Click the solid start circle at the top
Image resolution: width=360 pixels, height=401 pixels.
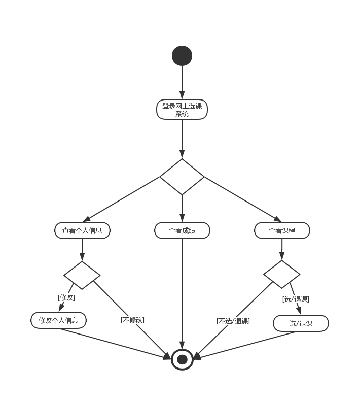pyautogui.click(x=182, y=56)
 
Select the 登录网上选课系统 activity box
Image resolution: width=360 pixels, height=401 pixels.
pyautogui.click(x=182, y=110)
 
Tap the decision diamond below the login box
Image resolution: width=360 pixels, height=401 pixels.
pyautogui.click(x=182, y=177)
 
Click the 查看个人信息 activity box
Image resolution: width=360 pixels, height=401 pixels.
pyautogui.click(x=82, y=230)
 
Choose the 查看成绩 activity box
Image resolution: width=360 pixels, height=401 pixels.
pyautogui.click(x=182, y=230)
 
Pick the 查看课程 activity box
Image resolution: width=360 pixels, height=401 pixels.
pyautogui.click(x=282, y=230)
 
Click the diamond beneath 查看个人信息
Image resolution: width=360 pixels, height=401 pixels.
pyautogui.click(x=82, y=275)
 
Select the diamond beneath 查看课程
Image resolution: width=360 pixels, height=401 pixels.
pyautogui.click(x=282, y=275)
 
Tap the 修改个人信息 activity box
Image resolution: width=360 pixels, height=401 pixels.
pyautogui.click(x=58, y=320)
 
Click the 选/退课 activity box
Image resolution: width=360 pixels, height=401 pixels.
pyautogui.click(x=301, y=323)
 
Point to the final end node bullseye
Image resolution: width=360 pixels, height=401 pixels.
pyautogui.click(x=183, y=360)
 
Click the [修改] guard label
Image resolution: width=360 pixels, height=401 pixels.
pyautogui.click(x=66, y=297)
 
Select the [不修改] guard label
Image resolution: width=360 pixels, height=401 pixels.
pyautogui.click(x=132, y=320)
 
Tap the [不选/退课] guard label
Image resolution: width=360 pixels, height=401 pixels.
pyautogui.click(x=233, y=321)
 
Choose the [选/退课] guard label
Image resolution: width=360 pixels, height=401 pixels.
pyautogui.click(x=296, y=299)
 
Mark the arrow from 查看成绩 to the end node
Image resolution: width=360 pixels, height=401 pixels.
pyautogui.click(x=182, y=294)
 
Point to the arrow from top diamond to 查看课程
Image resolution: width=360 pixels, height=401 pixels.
pyautogui.click(x=242, y=199)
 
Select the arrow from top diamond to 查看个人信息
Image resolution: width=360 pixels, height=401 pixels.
pyautogui.click(x=122, y=199)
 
